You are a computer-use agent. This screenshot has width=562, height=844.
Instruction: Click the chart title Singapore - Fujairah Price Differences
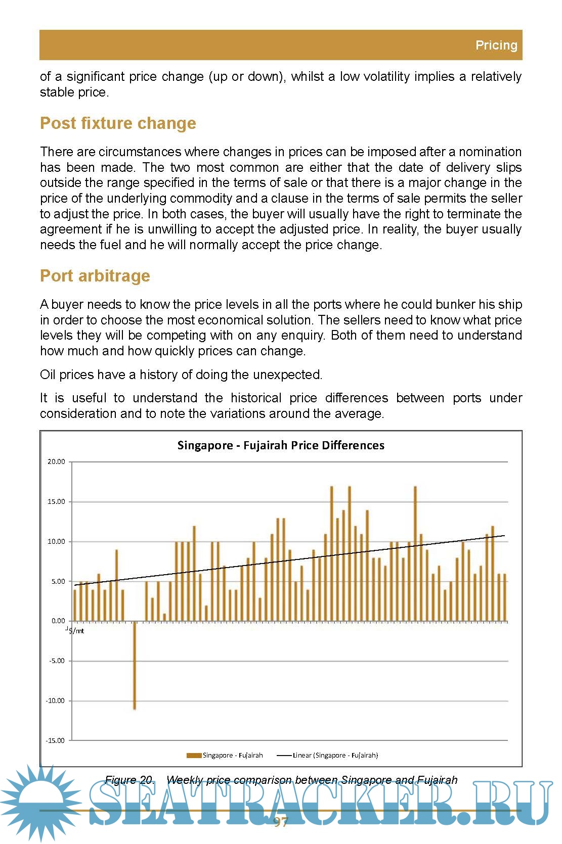(281, 445)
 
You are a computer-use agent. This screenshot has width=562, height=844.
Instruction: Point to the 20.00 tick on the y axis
(57, 461)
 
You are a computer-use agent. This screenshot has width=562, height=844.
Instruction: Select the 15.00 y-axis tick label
(57, 501)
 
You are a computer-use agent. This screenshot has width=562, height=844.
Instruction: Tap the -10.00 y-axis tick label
(56, 700)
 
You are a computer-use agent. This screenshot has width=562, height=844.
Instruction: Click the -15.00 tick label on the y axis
(56, 740)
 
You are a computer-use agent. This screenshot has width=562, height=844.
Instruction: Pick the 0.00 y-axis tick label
(58, 621)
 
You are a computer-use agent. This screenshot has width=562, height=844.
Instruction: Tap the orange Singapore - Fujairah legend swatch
(194, 756)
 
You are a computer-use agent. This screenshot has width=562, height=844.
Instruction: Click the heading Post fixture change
(118, 123)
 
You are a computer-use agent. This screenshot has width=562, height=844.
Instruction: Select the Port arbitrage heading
(95, 276)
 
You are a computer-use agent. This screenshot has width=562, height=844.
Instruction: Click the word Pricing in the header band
(496, 45)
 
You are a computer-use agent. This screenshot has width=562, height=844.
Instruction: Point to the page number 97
(281, 822)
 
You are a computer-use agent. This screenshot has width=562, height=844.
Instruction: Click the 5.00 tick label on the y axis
(58, 581)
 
